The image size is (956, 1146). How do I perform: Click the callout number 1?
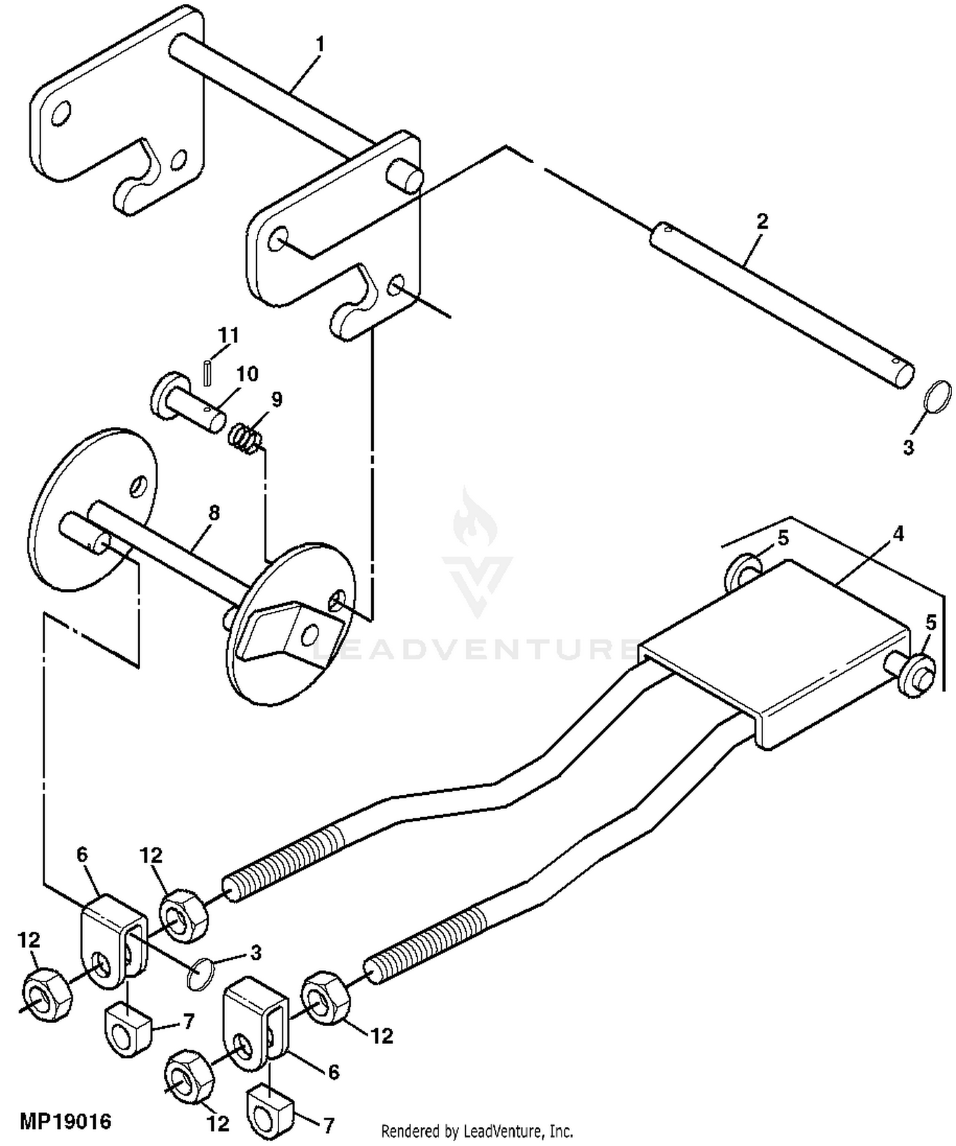click(320, 45)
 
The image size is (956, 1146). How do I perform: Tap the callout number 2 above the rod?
click(762, 221)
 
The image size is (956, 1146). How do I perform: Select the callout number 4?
click(898, 534)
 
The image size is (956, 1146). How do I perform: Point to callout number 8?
click(214, 512)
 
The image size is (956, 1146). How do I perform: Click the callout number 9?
click(276, 400)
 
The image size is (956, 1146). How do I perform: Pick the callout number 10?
click(247, 374)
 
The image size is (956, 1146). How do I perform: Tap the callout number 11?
click(228, 336)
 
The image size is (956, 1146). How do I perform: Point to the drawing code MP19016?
click(66, 1121)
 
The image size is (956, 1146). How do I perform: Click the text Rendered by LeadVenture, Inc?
click(477, 1131)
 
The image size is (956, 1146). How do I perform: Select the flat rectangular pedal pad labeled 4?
click(774, 644)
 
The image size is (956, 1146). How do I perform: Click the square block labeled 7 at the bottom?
click(271, 1112)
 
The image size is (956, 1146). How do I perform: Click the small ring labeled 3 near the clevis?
click(201, 974)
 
